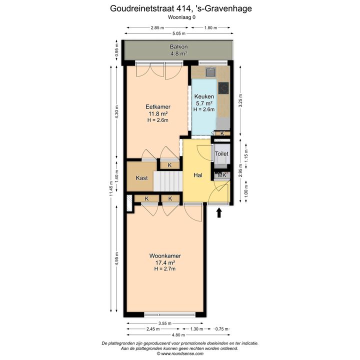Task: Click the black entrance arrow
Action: click(219, 212)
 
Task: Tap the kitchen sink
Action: click(210, 72)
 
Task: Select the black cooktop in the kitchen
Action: click(223, 88)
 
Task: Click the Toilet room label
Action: click(221, 153)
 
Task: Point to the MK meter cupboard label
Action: click(222, 175)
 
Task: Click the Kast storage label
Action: click(141, 178)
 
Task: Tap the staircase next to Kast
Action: click(168, 181)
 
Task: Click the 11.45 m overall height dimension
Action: click(111, 188)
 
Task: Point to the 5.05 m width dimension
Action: click(179, 33)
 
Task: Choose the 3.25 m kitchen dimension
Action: click(240, 100)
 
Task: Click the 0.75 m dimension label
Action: click(222, 329)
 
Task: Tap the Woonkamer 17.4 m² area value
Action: click(165, 262)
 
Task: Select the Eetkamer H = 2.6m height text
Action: click(157, 120)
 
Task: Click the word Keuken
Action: click(204, 96)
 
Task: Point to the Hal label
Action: click(198, 175)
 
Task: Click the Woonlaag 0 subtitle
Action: click(181, 17)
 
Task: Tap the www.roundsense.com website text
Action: click(182, 353)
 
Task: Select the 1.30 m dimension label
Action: click(197, 329)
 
